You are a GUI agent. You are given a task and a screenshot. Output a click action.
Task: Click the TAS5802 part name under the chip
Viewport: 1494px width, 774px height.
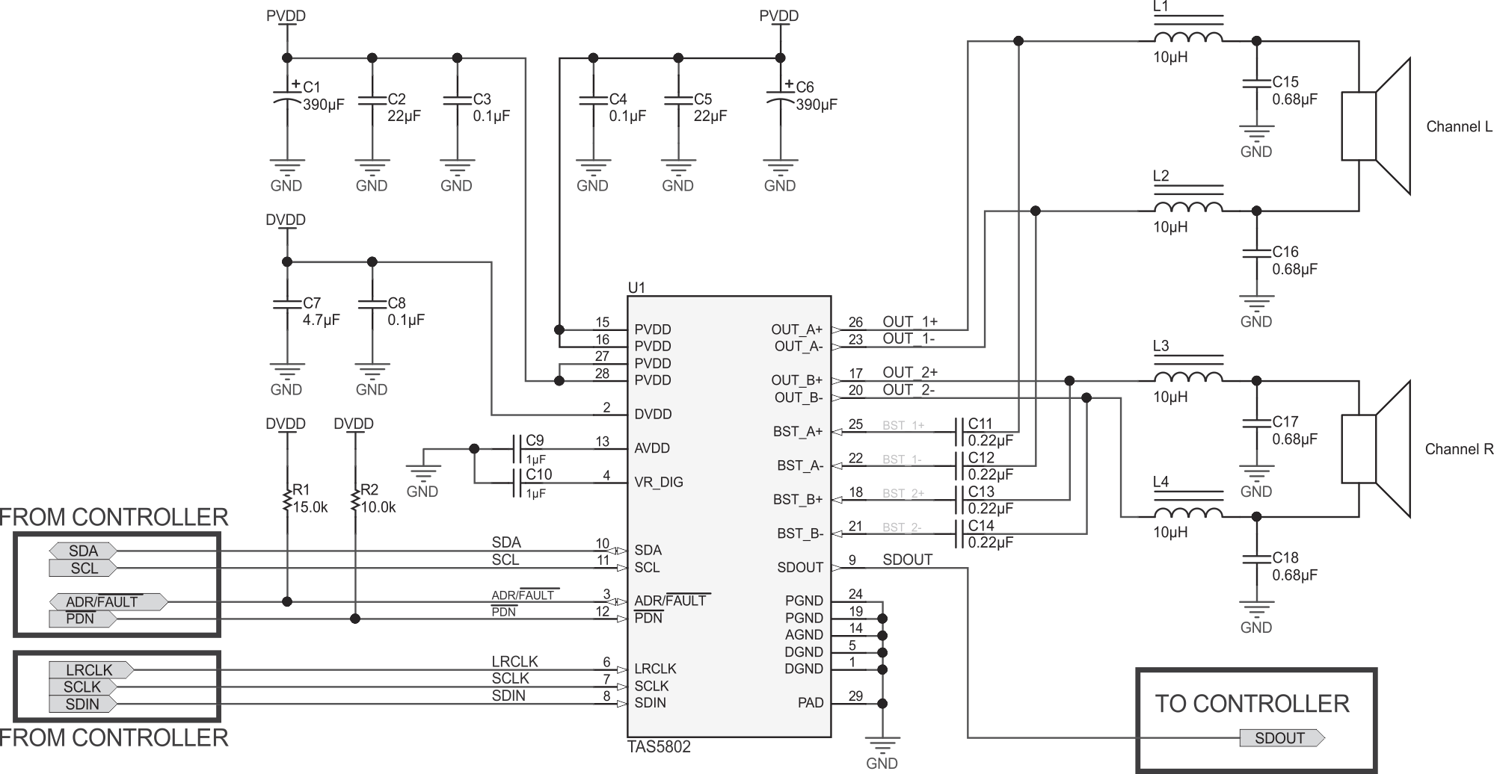(x=659, y=746)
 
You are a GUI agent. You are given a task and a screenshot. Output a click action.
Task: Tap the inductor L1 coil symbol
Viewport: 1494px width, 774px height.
(x=1188, y=37)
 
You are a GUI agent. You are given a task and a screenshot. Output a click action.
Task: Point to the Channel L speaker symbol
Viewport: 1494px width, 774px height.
(x=1375, y=126)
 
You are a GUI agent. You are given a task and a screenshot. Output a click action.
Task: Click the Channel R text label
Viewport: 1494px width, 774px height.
(x=1459, y=449)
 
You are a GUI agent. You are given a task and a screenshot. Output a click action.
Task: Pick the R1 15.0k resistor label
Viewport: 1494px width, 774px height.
(x=310, y=498)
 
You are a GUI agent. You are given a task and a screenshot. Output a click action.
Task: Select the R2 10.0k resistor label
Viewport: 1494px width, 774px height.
(x=378, y=498)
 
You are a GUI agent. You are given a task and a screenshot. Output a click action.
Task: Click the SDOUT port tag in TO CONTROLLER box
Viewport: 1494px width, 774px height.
(x=1280, y=738)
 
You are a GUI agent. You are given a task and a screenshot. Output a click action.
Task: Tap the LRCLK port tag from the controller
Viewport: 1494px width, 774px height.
(x=90, y=670)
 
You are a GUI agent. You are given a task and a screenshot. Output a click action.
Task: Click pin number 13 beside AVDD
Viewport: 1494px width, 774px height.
(x=603, y=442)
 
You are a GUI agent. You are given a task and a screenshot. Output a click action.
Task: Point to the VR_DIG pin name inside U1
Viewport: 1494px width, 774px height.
(x=659, y=482)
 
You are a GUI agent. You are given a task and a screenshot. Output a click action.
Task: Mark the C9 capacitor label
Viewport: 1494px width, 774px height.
(x=535, y=441)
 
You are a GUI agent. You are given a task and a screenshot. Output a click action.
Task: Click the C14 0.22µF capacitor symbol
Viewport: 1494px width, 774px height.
(x=958, y=533)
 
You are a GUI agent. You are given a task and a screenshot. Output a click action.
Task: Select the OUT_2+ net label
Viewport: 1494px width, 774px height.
(x=910, y=372)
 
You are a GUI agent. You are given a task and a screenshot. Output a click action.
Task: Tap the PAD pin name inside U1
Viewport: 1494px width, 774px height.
(x=811, y=703)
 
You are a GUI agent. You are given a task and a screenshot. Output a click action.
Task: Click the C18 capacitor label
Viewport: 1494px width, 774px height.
(x=1285, y=557)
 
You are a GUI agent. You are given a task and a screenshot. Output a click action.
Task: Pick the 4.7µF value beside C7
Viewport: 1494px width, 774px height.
(x=322, y=320)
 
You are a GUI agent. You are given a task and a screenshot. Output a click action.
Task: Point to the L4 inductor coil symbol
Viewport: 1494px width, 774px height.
(x=1188, y=513)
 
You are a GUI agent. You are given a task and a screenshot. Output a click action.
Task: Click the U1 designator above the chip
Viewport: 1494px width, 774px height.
(x=636, y=288)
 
